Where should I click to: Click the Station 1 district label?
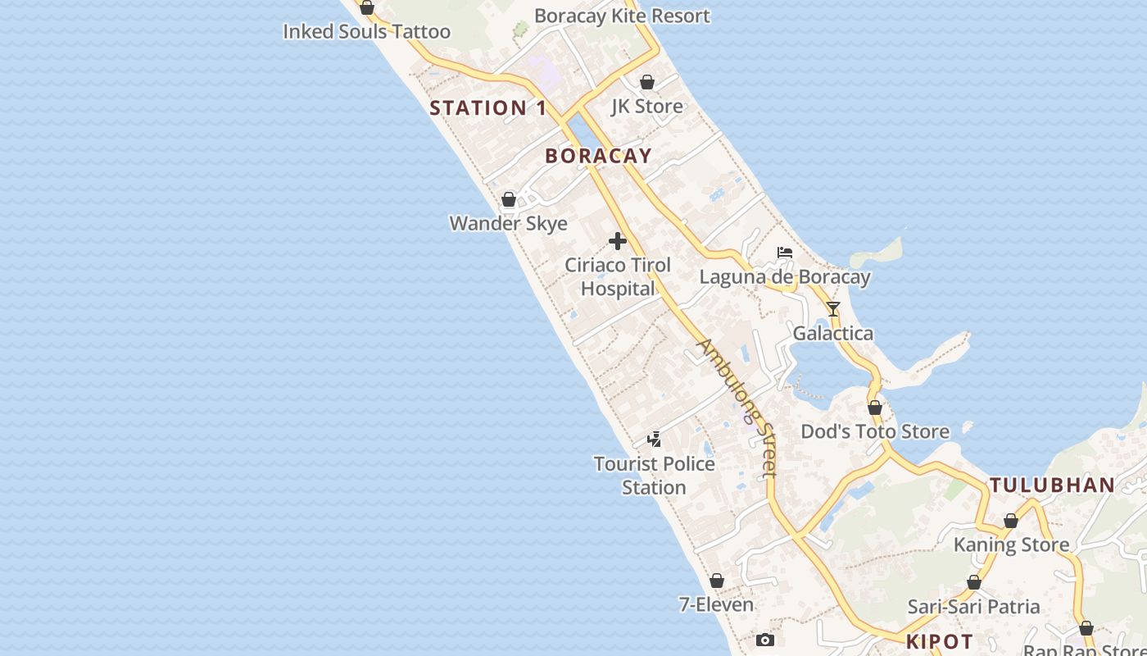(488, 108)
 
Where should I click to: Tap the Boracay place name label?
(599, 156)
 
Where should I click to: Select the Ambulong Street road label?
(736, 408)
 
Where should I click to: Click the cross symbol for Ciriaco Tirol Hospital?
(618, 241)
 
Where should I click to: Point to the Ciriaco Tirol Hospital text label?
(618, 277)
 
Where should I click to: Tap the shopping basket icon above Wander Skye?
(509, 199)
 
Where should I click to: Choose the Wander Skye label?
(509, 223)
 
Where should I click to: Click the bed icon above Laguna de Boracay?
(785, 253)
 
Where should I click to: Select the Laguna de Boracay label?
(785, 277)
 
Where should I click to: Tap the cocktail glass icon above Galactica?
(833, 309)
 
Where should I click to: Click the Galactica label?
(833, 334)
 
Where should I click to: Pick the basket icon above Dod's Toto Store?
(875, 408)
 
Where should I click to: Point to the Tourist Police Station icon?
(654, 440)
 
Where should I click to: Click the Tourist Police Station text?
(654, 476)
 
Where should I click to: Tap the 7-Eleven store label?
(717, 605)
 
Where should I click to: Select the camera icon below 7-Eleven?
(765, 640)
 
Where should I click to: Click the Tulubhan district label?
(1053, 485)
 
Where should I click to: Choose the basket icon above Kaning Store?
(1011, 521)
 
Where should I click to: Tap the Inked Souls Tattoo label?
(367, 32)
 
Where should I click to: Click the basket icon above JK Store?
(647, 82)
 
